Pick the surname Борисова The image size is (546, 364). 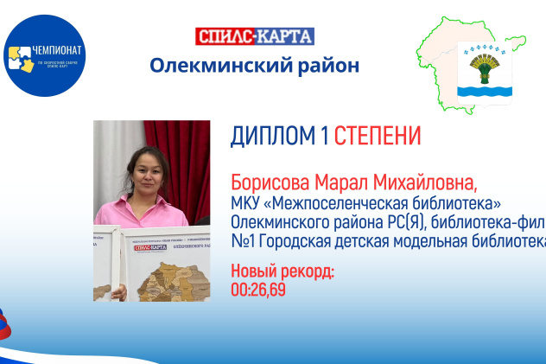click(271, 184)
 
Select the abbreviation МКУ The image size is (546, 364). click(247, 204)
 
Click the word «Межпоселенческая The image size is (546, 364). click(346, 204)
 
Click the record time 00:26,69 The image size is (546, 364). click(258, 290)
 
